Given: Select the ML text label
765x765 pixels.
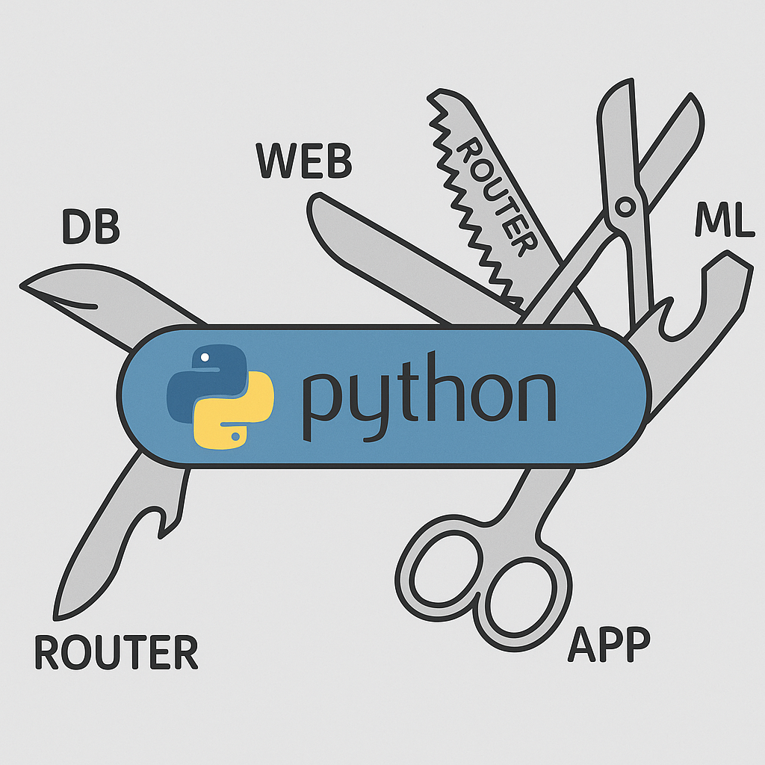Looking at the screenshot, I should click(x=724, y=220).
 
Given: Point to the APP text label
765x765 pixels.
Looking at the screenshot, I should click(x=609, y=644).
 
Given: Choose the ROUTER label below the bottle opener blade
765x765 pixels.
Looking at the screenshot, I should click(x=117, y=652).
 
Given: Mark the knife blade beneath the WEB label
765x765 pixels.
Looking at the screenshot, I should click(x=388, y=254).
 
